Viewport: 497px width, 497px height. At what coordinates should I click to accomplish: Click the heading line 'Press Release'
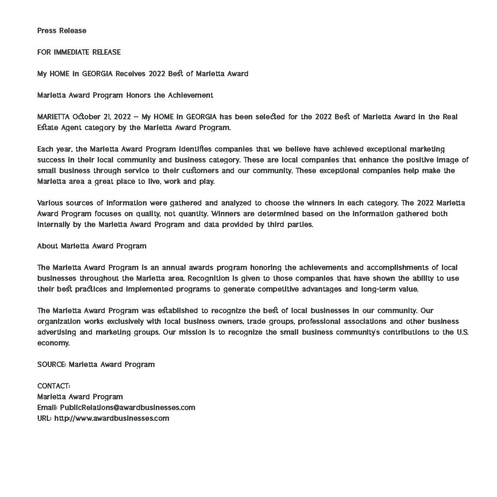[62, 31]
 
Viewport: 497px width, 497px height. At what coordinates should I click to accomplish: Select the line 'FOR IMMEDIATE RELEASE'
[79, 52]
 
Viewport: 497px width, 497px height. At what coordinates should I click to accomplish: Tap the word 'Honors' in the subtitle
[138, 95]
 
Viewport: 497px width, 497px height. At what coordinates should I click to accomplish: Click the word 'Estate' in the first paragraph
[48, 128]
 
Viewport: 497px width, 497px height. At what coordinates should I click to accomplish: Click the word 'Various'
[50, 203]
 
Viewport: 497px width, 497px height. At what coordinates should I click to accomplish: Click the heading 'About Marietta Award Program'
[92, 246]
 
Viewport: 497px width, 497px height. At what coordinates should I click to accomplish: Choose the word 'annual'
[175, 267]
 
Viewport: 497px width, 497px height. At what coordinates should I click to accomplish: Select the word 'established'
[176, 310]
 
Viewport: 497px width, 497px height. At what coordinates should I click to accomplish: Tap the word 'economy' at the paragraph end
[53, 343]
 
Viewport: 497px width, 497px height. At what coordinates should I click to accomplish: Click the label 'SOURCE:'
[51, 364]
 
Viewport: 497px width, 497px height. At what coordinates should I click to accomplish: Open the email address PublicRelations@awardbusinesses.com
[128, 407]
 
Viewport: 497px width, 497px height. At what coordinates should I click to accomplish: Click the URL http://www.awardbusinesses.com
[112, 418]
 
